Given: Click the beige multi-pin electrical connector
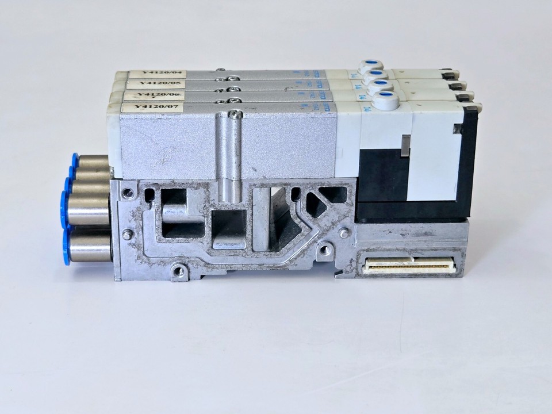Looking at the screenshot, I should (409, 265).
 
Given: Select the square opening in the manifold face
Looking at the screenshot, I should (229, 228).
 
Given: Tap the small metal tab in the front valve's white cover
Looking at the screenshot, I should (407, 145).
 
